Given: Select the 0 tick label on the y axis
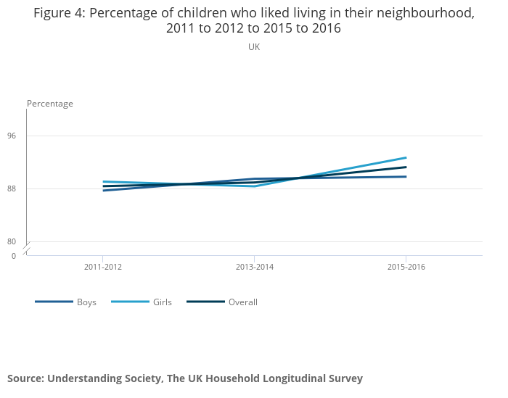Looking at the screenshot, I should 13,256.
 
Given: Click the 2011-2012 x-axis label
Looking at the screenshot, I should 103,268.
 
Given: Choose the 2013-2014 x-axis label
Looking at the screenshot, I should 255,268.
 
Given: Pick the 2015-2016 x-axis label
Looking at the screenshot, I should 406,268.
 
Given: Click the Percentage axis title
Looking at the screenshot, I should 50,104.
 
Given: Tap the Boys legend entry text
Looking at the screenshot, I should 86,302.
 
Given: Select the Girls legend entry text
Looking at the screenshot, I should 163,302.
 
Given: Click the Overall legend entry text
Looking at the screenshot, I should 243,302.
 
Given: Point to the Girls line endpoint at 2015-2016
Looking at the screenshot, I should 406,157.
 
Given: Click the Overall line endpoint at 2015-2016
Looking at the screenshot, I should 406,167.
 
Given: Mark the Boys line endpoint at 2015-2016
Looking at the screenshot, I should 406,177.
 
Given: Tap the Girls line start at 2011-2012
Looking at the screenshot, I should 104,181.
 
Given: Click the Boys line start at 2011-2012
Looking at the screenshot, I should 104,191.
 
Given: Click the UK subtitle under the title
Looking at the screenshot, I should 254,47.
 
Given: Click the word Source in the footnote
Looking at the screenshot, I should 25,378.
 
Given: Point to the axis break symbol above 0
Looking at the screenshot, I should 27,249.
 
